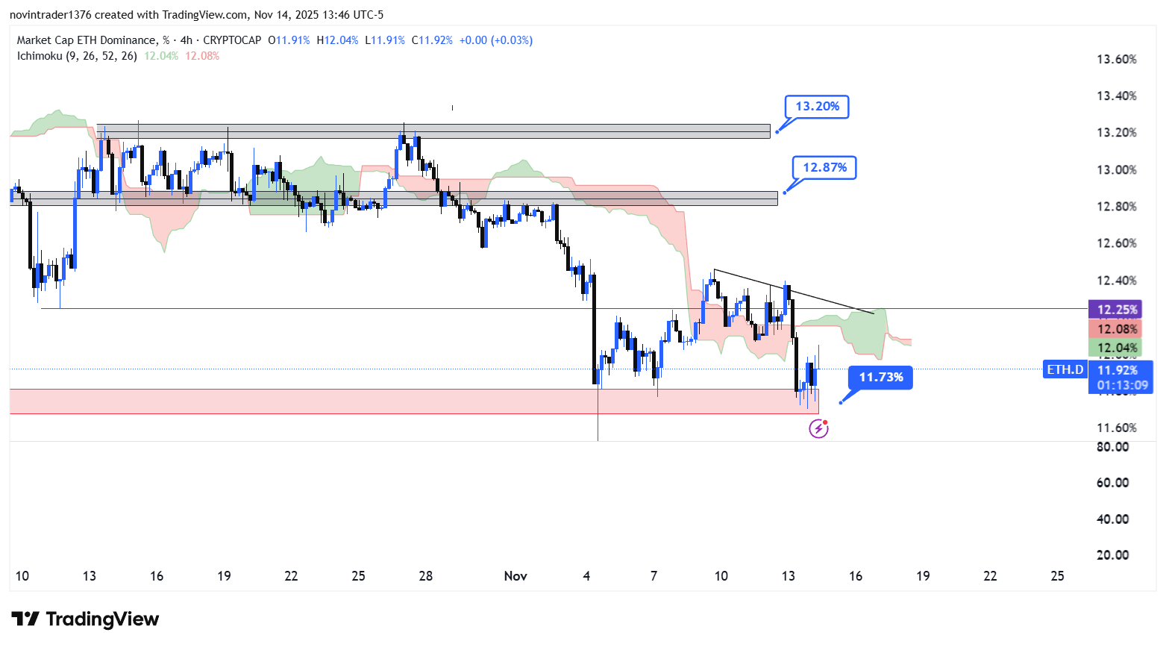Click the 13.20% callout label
coord(817,107)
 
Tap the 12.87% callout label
coord(824,168)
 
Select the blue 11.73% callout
coord(880,378)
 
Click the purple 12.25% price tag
coord(1117,310)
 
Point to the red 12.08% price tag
coord(1117,329)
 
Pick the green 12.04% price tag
coord(1117,348)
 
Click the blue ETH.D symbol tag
coord(1065,369)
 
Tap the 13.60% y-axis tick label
coord(1116,60)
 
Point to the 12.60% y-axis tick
coord(1116,243)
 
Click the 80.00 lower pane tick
coord(1112,447)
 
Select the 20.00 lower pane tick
coord(1112,555)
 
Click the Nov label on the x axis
coord(515,576)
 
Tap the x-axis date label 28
coord(426,576)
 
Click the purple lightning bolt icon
coord(818,428)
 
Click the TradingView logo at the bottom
coord(85,619)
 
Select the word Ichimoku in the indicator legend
coord(40,56)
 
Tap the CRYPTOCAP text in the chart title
coord(232,40)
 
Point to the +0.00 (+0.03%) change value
coord(495,40)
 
